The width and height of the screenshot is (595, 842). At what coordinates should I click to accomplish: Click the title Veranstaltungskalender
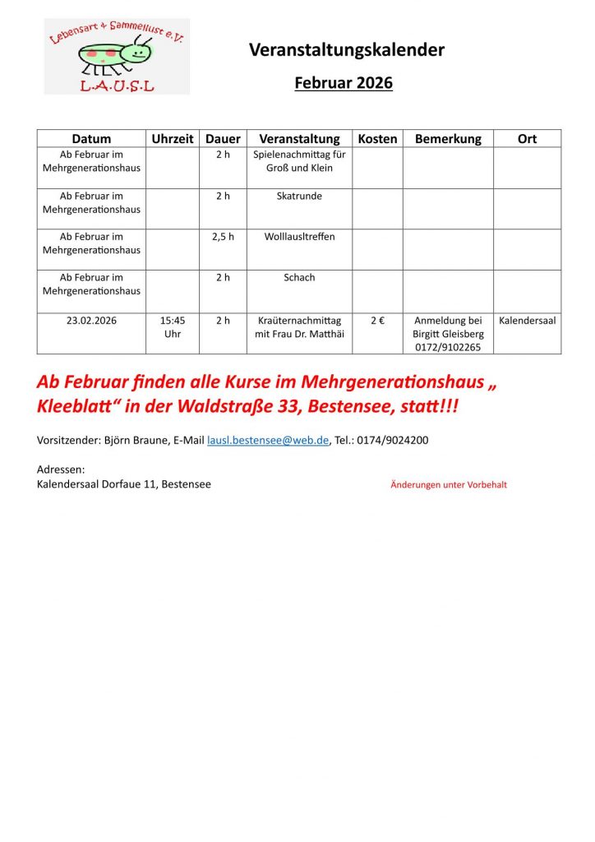point(346,50)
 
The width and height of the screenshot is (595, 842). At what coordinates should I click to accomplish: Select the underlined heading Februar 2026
point(344,83)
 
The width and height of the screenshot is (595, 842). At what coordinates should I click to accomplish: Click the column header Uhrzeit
point(173,139)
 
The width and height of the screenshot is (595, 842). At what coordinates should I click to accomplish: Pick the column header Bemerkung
point(448,139)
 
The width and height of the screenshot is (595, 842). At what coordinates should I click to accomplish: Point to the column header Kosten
point(377,139)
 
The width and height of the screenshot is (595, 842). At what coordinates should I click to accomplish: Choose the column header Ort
point(527,139)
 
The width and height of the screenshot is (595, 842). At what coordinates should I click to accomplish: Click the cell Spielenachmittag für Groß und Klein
point(299,161)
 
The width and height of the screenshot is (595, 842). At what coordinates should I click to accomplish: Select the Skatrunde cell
point(299,197)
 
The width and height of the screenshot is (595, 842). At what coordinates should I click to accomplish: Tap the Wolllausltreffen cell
point(299,237)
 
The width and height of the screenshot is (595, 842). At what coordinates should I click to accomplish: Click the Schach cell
point(299,278)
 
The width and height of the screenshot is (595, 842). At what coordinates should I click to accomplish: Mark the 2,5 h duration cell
point(223,237)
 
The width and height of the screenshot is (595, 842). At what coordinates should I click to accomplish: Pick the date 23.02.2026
point(91,321)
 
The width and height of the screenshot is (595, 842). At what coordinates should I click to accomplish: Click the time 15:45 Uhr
point(173,327)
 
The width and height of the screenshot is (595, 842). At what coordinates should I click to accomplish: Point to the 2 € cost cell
point(377,321)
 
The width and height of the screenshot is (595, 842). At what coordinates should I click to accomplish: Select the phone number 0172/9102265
point(448,348)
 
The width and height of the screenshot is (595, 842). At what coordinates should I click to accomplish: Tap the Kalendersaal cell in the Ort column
point(527,321)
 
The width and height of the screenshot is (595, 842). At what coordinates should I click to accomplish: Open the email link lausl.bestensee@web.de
point(268,440)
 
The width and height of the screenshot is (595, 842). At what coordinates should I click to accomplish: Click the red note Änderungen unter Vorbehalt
point(449,485)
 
